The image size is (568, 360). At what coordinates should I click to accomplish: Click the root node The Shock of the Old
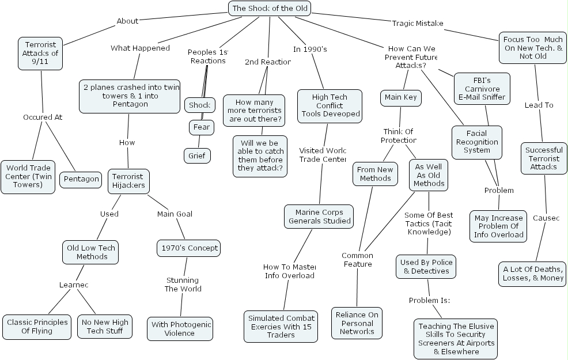pos(270,8)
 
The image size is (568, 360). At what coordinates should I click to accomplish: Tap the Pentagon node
pos(81,179)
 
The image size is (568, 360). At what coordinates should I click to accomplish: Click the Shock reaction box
pos(200,105)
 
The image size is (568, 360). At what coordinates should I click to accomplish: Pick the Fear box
pos(201,127)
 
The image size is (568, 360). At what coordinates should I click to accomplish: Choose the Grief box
pos(197,156)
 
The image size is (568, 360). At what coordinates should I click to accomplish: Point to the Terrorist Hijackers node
pos(128,181)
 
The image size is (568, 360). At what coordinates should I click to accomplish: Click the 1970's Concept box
pos(188,248)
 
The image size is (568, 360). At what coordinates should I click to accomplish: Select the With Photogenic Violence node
pos(180,329)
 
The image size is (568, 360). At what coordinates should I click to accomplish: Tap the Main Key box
pos(400,97)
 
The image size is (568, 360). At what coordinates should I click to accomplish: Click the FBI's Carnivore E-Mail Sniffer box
pos(482,88)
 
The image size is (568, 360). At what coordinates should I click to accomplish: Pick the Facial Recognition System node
pos(477,142)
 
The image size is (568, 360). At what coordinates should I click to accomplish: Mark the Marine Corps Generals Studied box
pos(319,217)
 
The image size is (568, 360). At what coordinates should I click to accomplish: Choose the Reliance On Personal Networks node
pos(357,323)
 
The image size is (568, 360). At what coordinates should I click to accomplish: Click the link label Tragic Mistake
pos(418,24)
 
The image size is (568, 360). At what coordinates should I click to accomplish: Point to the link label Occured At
pos(43,117)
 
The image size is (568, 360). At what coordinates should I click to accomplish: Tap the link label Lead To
pos(539,105)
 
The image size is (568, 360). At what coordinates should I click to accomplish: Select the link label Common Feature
pos(357,260)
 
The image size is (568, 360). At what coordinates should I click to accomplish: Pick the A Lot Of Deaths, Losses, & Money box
pos(533,274)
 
